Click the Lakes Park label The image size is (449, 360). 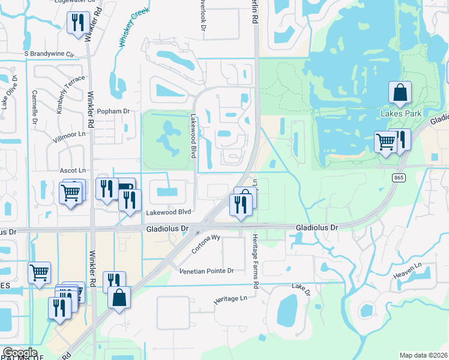pyautogui.click(x=400, y=113)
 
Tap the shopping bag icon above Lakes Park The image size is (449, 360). pyautogui.click(x=400, y=93)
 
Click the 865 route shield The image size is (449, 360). pyautogui.click(x=399, y=178)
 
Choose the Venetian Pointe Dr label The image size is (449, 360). pyautogui.click(x=206, y=271)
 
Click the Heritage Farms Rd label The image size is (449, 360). pyautogui.click(x=255, y=261)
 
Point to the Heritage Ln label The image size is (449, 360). pyautogui.click(x=231, y=298)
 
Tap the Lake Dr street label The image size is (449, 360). pyautogui.click(x=301, y=290)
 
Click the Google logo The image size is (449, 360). pyautogui.click(x=19, y=353)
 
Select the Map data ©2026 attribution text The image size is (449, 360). pyautogui.click(x=424, y=355)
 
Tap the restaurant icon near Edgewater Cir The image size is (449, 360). pyautogui.click(x=77, y=23)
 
